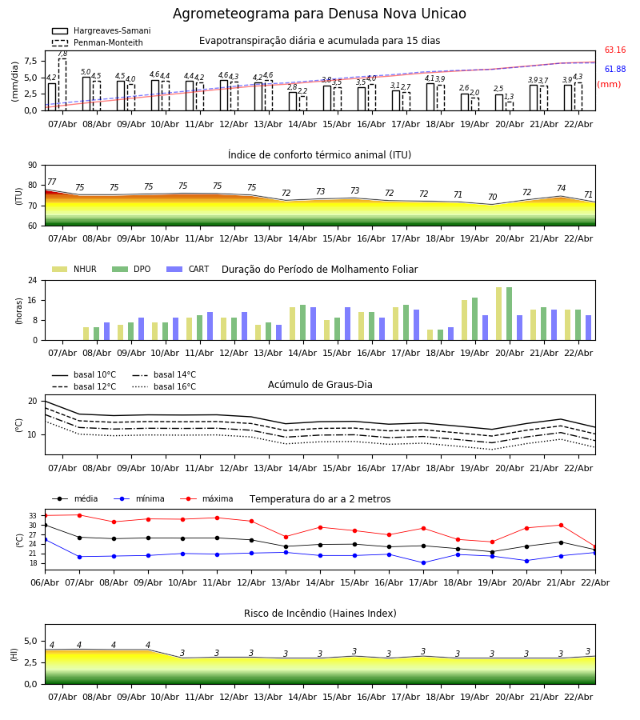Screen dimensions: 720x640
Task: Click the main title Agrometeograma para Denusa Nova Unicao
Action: click(319, 14)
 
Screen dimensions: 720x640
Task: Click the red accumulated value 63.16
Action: click(614, 50)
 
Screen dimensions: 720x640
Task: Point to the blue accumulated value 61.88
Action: click(614, 70)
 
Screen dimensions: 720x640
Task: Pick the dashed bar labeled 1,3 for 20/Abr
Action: click(509, 106)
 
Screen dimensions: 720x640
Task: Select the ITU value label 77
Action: click(51, 182)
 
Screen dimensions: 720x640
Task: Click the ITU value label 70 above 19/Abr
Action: click(492, 198)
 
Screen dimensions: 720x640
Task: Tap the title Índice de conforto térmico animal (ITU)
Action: click(319, 155)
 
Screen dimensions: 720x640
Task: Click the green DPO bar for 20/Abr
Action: click(509, 314)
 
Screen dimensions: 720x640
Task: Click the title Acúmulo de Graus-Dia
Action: click(320, 385)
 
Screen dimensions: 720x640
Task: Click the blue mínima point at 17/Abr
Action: click(423, 562)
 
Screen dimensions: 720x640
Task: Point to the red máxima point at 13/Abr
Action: click(286, 537)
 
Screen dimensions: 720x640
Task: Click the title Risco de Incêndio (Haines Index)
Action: click(320, 614)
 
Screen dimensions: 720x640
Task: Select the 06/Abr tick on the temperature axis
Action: click(45, 582)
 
